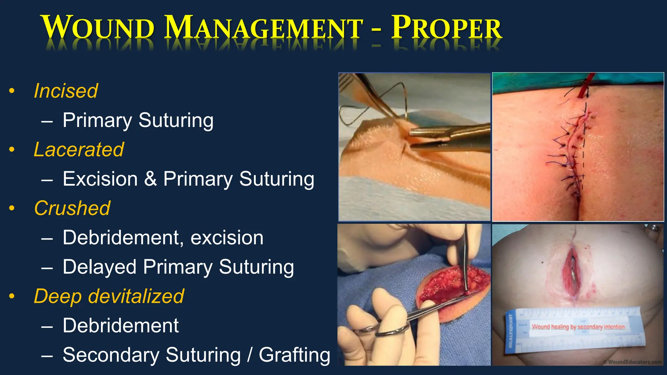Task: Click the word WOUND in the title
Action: click(98, 28)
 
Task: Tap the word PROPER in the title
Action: click(446, 28)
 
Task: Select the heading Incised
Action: click(66, 91)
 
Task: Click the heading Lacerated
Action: click(79, 150)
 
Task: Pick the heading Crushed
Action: click(72, 208)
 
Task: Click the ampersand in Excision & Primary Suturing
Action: click(150, 179)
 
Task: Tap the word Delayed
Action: click(99, 267)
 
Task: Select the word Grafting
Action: click(294, 355)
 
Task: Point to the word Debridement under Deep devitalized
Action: click(121, 326)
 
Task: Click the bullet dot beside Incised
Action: click(12, 91)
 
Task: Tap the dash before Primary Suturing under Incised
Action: click(47, 121)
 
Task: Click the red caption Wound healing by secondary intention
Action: click(578, 326)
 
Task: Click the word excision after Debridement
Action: click(227, 238)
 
